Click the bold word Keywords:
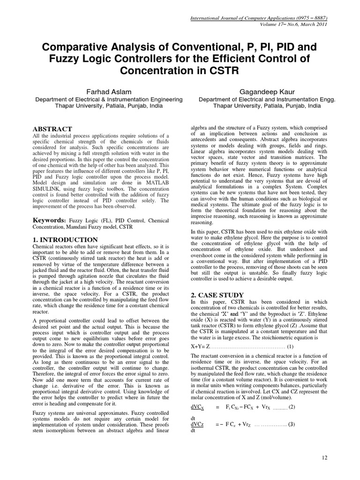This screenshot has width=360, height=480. point(49,220)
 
